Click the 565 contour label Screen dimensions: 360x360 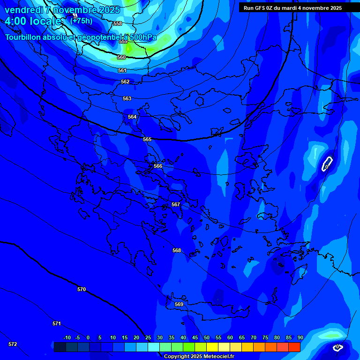click(x=147, y=139)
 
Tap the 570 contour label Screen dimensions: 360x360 click(x=82, y=289)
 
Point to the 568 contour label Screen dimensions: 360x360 click(x=177, y=250)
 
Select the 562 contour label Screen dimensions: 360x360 click(x=125, y=82)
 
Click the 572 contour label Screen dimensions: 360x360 click(x=13, y=344)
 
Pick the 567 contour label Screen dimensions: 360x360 click(x=176, y=204)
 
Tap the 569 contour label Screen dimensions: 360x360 click(x=179, y=304)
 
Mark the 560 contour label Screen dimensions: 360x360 click(x=121, y=57)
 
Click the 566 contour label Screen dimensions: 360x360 click(x=158, y=166)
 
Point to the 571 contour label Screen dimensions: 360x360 click(x=57, y=323)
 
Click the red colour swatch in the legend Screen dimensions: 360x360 click(x=294, y=347)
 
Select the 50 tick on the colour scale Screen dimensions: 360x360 click(x=207, y=337)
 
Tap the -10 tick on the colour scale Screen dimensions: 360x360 click(x=67, y=337)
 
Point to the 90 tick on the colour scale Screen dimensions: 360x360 click(x=300, y=337)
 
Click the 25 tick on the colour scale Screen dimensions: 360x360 click(x=148, y=337)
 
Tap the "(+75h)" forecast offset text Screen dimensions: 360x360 click(x=81, y=21)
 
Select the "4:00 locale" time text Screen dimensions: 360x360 click(x=33, y=21)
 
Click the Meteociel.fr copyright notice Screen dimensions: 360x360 click(x=199, y=357)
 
